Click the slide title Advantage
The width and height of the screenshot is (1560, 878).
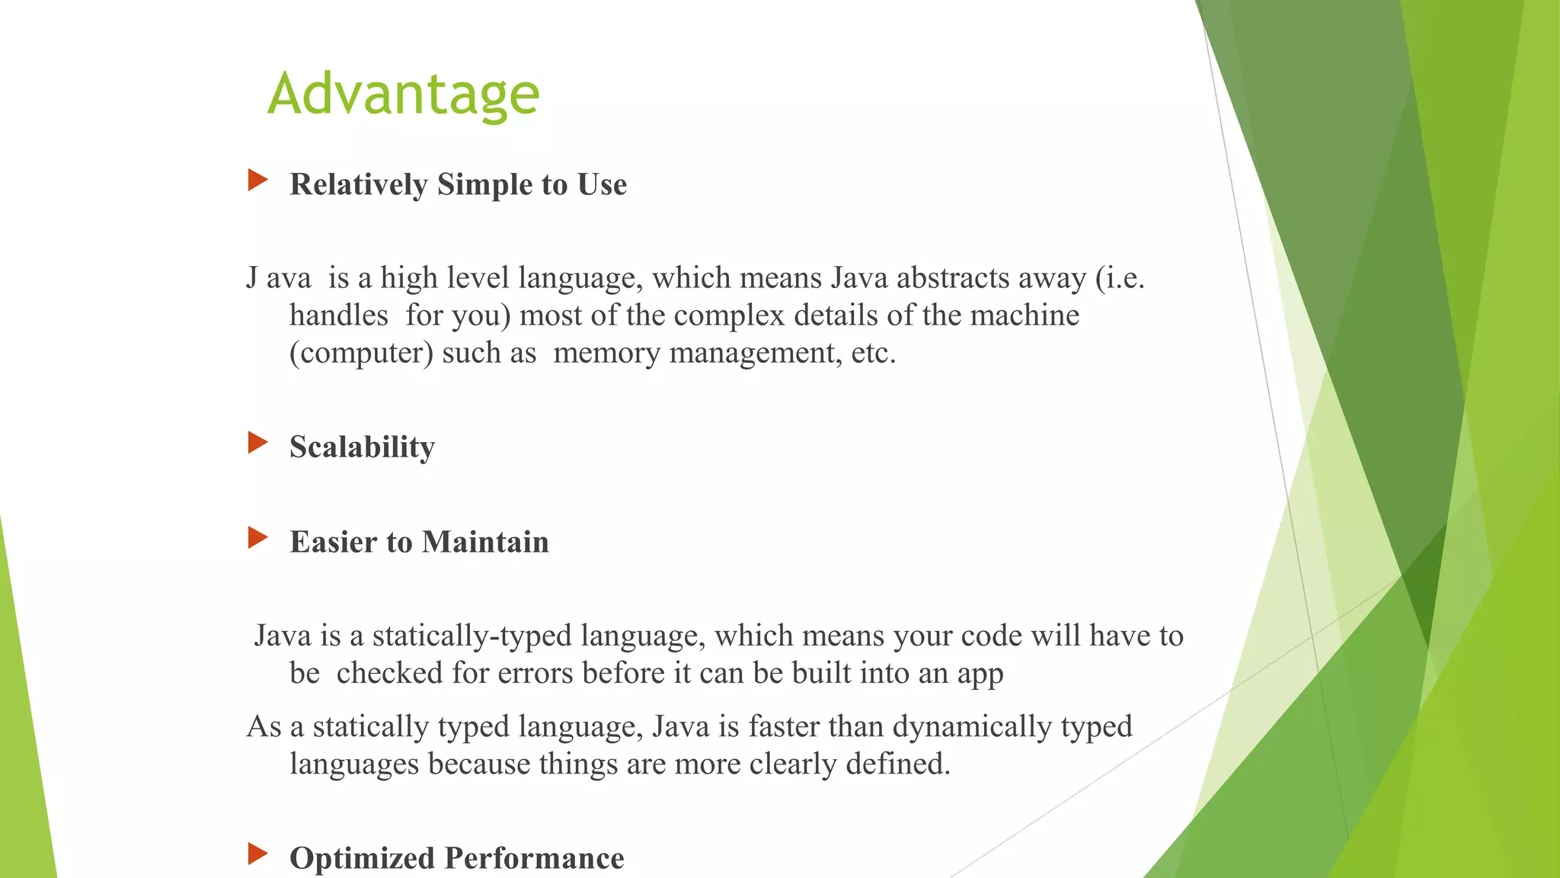click(403, 94)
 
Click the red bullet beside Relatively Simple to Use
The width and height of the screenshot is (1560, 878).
click(257, 181)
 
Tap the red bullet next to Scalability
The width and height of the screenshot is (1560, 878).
click(257, 443)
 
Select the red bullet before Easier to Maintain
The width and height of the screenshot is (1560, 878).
click(257, 538)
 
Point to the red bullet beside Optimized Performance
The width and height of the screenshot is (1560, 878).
click(257, 854)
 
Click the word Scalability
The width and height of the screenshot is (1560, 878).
click(362, 447)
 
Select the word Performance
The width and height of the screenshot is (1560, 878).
click(534, 858)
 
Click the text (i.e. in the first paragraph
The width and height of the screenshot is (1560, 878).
click(1120, 278)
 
